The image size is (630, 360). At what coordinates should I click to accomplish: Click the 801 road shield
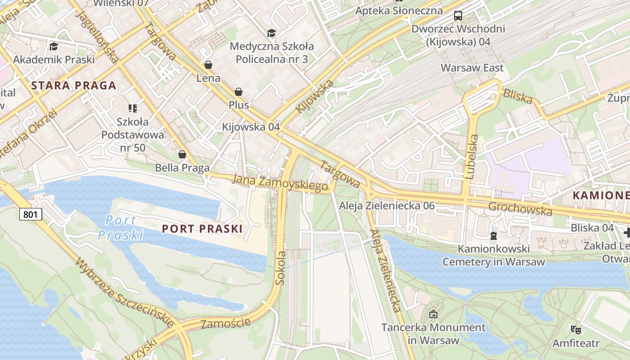(31, 214)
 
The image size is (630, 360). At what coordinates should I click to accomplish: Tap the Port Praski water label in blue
(121, 228)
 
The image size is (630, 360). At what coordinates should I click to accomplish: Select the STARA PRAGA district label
(74, 85)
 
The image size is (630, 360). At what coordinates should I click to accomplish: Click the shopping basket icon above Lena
(208, 65)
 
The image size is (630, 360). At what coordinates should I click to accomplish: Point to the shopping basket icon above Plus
(238, 92)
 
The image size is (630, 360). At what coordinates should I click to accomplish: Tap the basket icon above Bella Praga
(182, 155)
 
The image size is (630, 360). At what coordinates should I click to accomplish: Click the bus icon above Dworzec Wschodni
(458, 16)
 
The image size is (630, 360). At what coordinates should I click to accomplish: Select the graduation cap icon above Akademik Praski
(54, 46)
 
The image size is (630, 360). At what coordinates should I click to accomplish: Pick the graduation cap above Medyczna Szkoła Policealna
(271, 33)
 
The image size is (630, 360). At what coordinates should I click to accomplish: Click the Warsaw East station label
(472, 68)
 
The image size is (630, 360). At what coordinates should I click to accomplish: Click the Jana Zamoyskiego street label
(280, 183)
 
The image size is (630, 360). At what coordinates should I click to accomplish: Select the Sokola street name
(280, 268)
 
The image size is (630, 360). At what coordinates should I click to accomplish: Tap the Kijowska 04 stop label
(251, 127)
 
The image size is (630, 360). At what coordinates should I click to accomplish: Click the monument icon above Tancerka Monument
(433, 314)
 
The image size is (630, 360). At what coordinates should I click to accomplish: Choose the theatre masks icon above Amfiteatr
(576, 330)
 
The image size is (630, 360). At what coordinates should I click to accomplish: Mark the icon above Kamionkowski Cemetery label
(494, 235)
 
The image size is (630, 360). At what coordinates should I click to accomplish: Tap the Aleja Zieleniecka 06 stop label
(387, 206)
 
